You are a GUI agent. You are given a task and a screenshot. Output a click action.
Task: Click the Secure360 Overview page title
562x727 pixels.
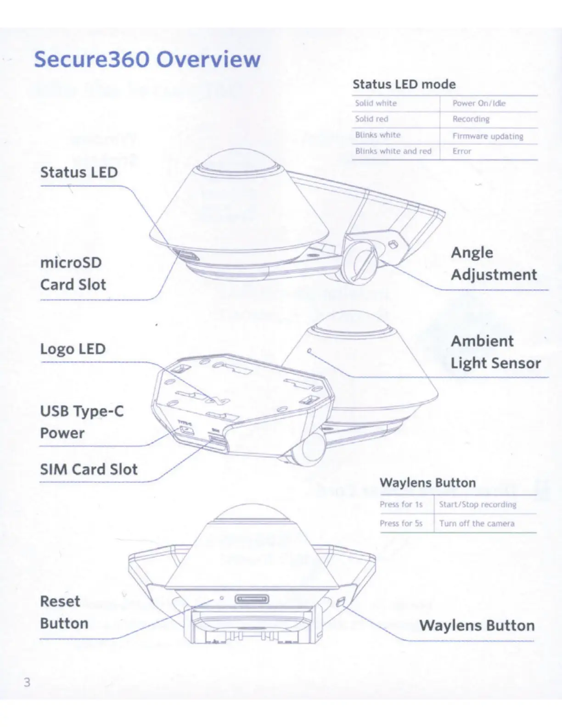(x=147, y=60)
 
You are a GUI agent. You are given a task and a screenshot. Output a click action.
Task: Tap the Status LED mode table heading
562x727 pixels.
(x=404, y=84)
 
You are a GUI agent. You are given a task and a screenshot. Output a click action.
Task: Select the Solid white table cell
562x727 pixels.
(x=376, y=103)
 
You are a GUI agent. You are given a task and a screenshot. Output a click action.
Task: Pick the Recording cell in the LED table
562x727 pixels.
(x=471, y=119)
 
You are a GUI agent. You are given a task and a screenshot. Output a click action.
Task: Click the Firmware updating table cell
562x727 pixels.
(x=488, y=136)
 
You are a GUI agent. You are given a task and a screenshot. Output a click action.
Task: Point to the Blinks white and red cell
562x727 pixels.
(x=393, y=151)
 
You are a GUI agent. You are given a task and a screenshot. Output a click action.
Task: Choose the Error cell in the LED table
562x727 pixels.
(x=461, y=151)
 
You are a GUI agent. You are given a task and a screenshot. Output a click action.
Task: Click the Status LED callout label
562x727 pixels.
(x=79, y=173)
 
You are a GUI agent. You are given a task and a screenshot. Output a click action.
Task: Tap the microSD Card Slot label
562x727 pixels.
(x=73, y=274)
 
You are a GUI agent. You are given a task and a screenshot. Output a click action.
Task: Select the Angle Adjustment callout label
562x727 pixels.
(x=494, y=263)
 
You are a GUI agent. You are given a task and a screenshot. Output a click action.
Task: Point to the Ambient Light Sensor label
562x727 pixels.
(x=495, y=352)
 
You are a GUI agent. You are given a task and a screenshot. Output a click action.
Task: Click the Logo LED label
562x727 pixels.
(x=73, y=349)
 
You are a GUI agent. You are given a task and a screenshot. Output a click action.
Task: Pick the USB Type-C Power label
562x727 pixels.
(x=82, y=422)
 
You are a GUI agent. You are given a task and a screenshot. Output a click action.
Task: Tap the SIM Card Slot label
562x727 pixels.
(x=89, y=470)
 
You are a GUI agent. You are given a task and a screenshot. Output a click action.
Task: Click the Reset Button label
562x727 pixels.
(x=64, y=612)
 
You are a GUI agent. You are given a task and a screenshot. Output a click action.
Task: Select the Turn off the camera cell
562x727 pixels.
(x=477, y=524)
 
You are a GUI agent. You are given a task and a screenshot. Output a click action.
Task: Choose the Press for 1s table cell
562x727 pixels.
(x=401, y=504)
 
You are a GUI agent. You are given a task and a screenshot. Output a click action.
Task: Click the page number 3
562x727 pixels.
(x=27, y=682)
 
